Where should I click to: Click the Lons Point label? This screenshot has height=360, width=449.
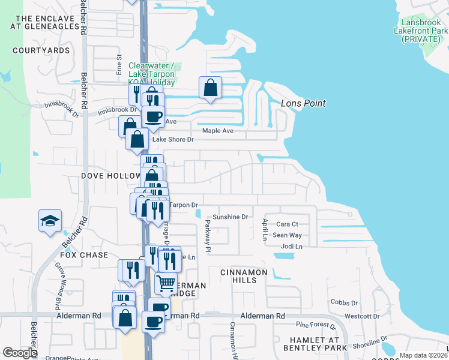tap(303, 103)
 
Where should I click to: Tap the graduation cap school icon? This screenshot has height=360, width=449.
tap(50, 221)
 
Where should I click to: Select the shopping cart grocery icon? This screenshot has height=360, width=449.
tap(166, 282)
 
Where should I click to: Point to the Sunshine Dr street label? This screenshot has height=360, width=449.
tap(231, 217)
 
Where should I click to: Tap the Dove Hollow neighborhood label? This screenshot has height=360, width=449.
tap(109, 176)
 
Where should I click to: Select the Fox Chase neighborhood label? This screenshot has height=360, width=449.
tap(84, 255)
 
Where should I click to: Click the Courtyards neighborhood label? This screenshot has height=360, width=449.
tap(41, 50)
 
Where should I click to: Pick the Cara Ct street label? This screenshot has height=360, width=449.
tap(287, 224)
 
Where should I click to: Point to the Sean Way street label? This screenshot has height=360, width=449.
tap(287, 235)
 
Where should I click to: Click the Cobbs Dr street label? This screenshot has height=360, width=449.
tap(343, 304)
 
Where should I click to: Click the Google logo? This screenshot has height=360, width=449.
tap(20, 353)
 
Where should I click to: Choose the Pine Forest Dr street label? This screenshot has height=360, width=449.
tap(316, 325)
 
